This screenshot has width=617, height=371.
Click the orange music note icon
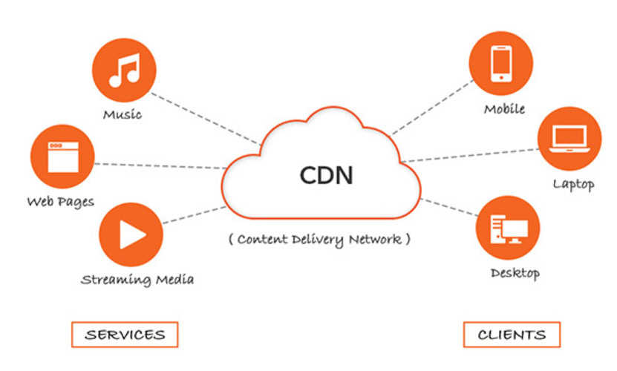123,70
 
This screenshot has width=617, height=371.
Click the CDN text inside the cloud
326,175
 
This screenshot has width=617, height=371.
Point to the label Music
123,114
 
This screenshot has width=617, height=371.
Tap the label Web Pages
61,201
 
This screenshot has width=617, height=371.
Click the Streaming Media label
137,280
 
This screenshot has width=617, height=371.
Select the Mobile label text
504,109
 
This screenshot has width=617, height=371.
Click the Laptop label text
573,184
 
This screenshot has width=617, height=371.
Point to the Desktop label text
515,273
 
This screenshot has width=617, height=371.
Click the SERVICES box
125,334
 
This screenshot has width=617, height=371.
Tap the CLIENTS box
512,334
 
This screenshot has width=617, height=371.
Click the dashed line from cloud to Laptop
468,154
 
